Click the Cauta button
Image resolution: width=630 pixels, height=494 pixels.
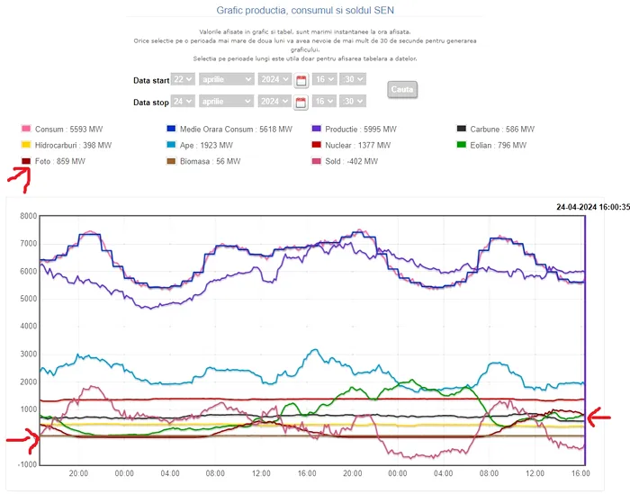pyautogui.click(x=401, y=90)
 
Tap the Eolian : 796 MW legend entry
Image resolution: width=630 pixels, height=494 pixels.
pyautogui.click(x=495, y=145)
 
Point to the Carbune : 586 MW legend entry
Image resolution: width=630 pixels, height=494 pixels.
pyautogui.click(x=496, y=130)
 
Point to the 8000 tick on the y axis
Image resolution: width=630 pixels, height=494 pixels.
pyautogui.click(x=27, y=216)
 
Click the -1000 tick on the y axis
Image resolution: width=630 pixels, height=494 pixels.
pyautogui.click(x=25, y=464)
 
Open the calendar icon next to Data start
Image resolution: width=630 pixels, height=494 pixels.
pyautogui.click(x=301, y=80)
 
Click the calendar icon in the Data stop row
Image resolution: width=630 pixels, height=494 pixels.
pyautogui.click(x=301, y=103)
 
